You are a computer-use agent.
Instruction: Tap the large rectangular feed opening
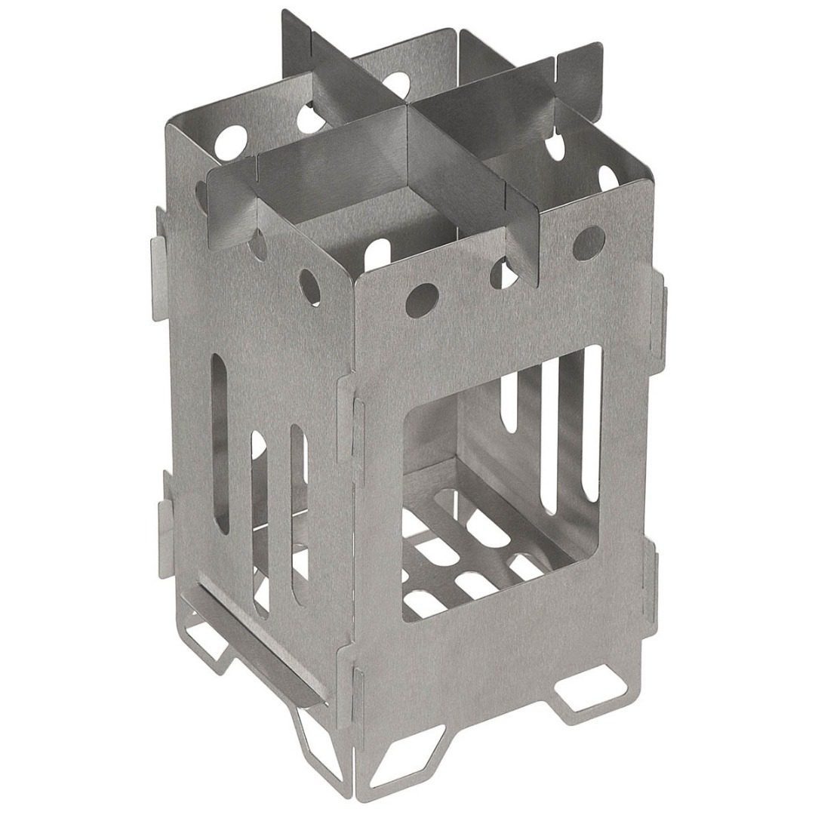(502, 483)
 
